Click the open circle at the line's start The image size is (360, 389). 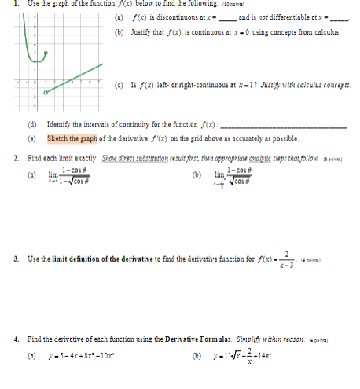(x=46, y=91)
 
